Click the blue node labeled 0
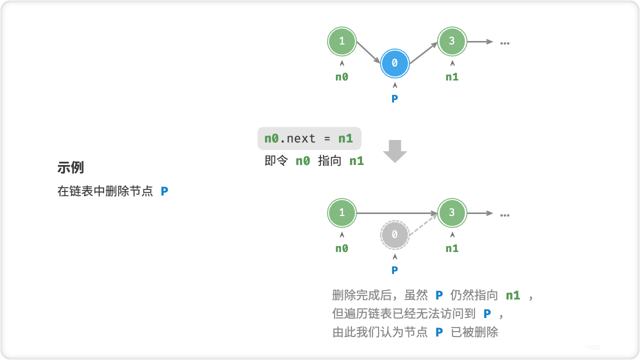394,63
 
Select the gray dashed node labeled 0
394,234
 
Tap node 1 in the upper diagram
342,41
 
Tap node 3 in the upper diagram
452,41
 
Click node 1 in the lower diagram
342,213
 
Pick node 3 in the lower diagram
452,213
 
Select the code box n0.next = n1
309,138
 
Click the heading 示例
70,168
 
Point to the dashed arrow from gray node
423,223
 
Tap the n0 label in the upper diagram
341,77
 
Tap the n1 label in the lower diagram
452,248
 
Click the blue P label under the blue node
394,99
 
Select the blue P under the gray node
394,270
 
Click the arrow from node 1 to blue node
367,52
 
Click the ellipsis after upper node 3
504,43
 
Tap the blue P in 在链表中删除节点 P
164,191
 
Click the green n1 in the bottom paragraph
512,295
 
